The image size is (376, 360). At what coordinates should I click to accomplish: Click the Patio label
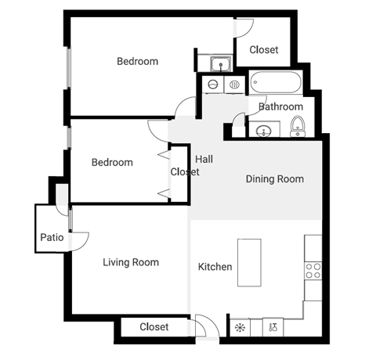tap(52, 238)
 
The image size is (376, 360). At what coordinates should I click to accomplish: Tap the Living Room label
tap(131, 262)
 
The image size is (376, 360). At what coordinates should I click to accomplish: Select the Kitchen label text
tap(215, 267)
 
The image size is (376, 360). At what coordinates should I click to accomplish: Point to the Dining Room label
tap(274, 179)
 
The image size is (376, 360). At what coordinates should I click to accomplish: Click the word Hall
tap(204, 159)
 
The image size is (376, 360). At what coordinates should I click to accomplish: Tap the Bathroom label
tap(280, 106)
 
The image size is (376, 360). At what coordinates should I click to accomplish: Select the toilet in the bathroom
tap(298, 126)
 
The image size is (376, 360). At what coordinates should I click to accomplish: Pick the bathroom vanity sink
tap(262, 128)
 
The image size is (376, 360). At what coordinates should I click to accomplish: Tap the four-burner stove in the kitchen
tap(313, 270)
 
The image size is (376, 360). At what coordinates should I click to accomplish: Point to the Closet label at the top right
tap(263, 50)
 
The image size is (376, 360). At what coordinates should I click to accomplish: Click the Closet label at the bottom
tap(154, 326)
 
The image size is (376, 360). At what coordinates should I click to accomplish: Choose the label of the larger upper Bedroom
tap(137, 61)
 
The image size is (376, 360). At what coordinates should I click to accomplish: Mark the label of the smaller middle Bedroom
tap(112, 163)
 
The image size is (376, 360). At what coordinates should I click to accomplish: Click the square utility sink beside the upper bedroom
tap(220, 63)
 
